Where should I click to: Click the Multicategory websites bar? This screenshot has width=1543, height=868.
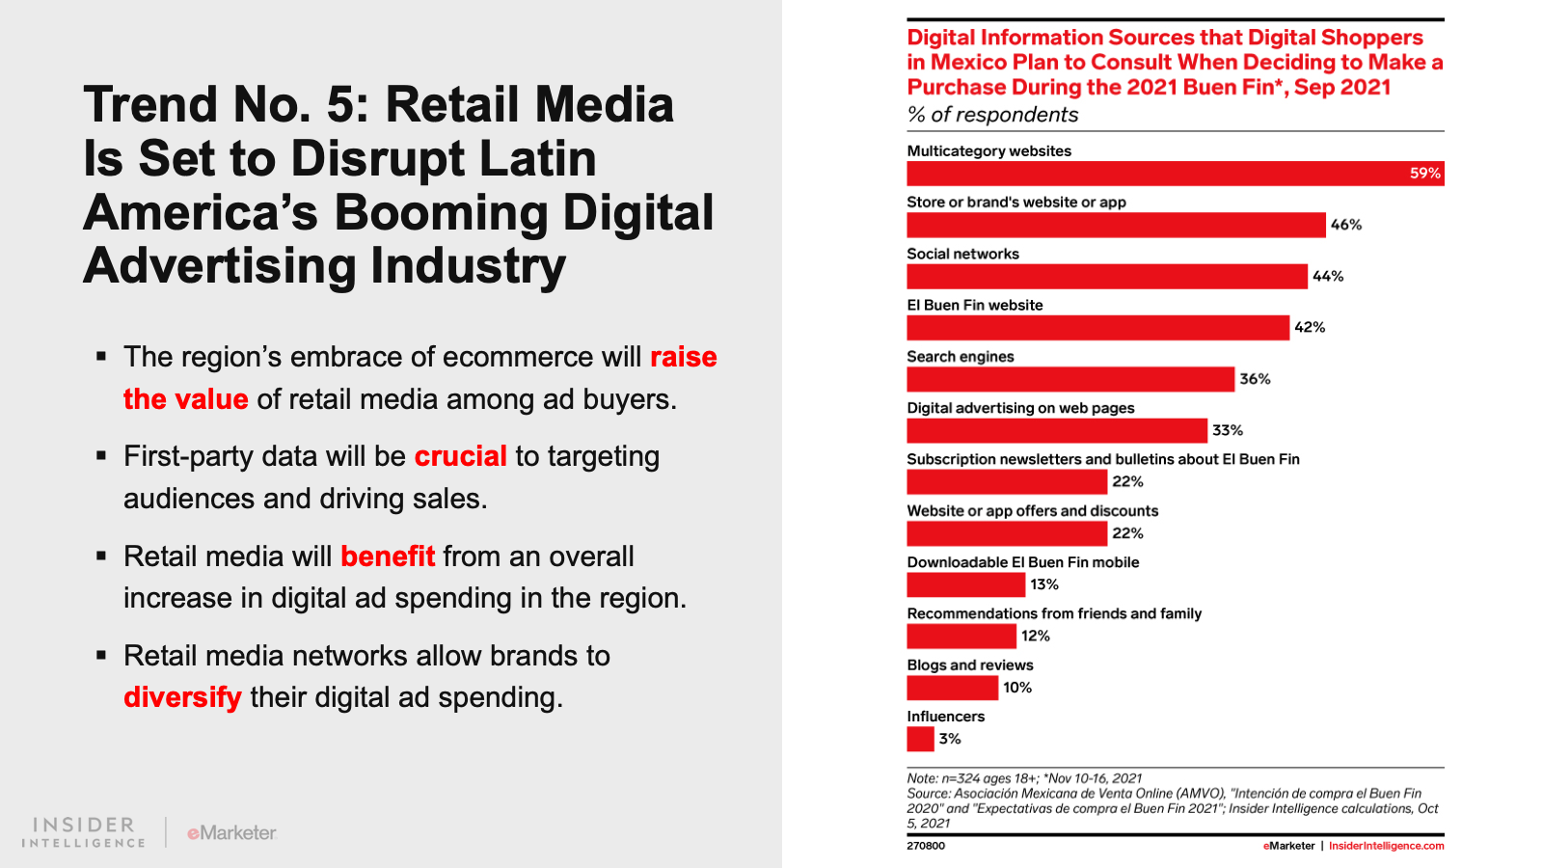[x=1157, y=174]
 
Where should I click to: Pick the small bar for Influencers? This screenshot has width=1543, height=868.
[x=920, y=739]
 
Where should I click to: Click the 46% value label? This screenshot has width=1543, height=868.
[x=1346, y=225]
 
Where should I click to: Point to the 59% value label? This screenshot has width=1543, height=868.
[x=1424, y=174]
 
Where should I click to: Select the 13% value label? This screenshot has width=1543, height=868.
[x=1044, y=584]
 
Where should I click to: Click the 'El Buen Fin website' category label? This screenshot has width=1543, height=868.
[x=975, y=305]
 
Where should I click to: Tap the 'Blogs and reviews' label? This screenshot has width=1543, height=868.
[x=970, y=665]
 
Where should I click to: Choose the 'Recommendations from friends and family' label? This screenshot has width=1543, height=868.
[x=1054, y=613]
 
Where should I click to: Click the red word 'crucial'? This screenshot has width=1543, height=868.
[x=460, y=456]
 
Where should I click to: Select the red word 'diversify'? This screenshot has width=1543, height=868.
[x=182, y=697]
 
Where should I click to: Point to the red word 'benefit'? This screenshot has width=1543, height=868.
[x=388, y=556]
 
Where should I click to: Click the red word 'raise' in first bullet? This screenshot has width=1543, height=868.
[x=683, y=357]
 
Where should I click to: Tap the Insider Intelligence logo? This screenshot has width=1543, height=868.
[x=84, y=832]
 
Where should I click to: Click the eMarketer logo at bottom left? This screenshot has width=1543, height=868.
[x=231, y=832]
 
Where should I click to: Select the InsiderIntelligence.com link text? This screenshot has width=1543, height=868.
[x=1386, y=846]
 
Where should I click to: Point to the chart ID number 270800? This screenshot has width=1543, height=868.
[x=926, y=846]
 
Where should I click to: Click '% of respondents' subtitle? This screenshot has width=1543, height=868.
[x=992, y=115]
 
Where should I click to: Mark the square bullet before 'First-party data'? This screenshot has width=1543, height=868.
[x=101, y=455]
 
